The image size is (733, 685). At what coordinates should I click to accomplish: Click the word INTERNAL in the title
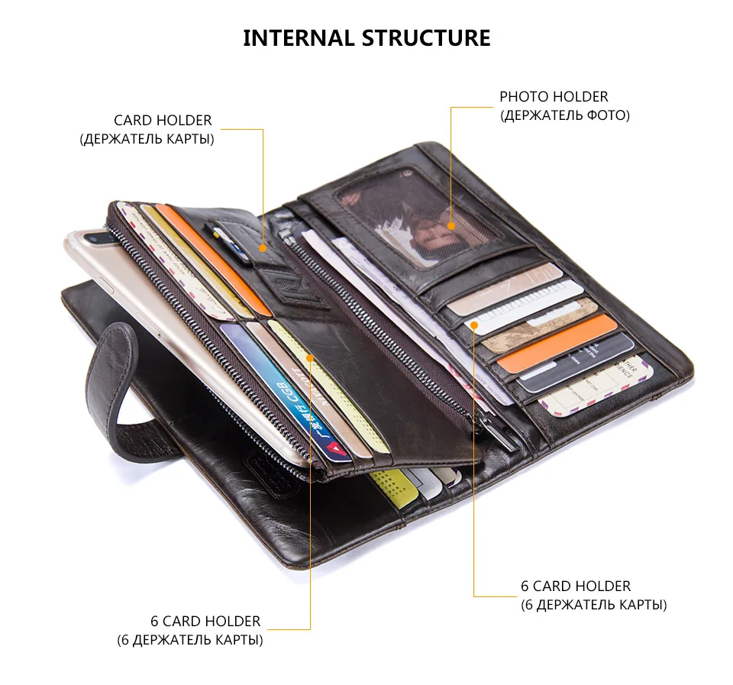point(299,37)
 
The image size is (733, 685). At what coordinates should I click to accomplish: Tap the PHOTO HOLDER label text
point(554,97)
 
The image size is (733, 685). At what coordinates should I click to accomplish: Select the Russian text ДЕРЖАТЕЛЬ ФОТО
point(564,116)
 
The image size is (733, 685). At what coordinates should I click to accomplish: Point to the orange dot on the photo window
point(451,226)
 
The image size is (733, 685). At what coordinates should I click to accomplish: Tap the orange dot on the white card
point(474,325)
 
